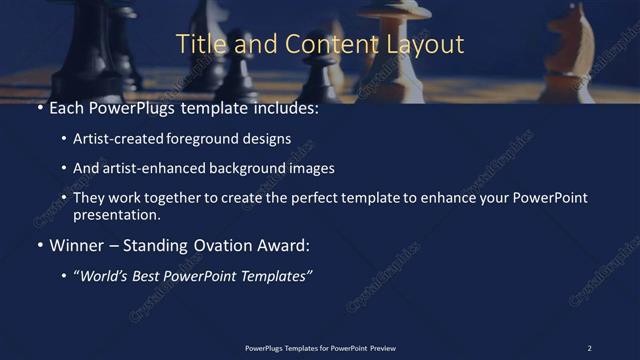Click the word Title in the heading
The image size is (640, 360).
click(198, 45)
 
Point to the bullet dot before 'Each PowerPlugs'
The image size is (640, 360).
click(39, 108)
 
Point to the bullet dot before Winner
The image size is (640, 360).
click(39, 245)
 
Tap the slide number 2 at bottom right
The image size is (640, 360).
click(589, 347)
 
